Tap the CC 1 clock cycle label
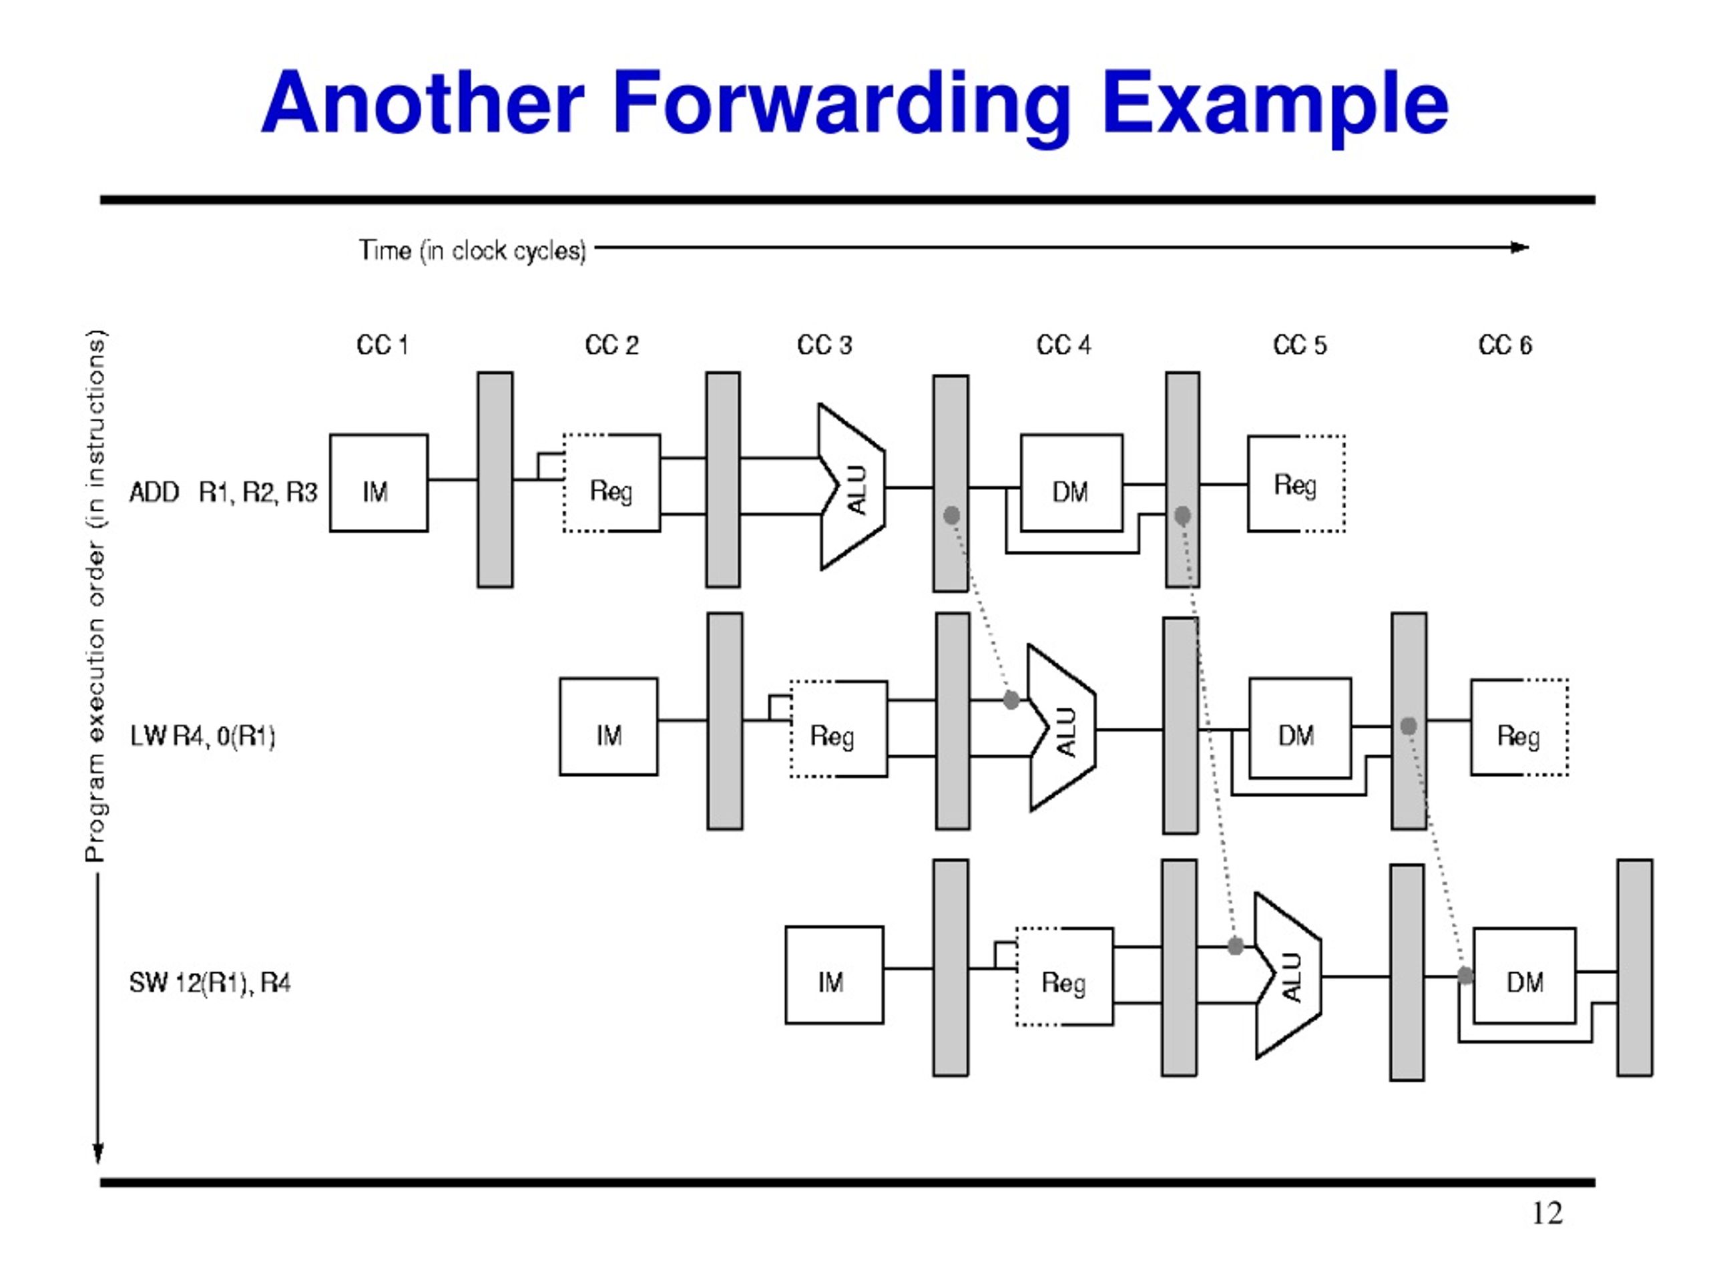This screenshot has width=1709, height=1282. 383,345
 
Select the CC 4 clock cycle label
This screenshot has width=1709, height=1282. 1064,345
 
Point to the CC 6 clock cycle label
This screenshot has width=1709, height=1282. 1505,345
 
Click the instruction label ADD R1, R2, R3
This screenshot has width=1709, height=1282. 223,492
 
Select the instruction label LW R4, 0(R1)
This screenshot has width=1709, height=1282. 202,736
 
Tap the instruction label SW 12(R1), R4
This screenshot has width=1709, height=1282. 210,983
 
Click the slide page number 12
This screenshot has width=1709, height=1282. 1547,1213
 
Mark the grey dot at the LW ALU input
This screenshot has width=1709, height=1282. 1011,700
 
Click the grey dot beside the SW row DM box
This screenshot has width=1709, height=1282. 1465,976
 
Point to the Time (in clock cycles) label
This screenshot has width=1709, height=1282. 472,250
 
